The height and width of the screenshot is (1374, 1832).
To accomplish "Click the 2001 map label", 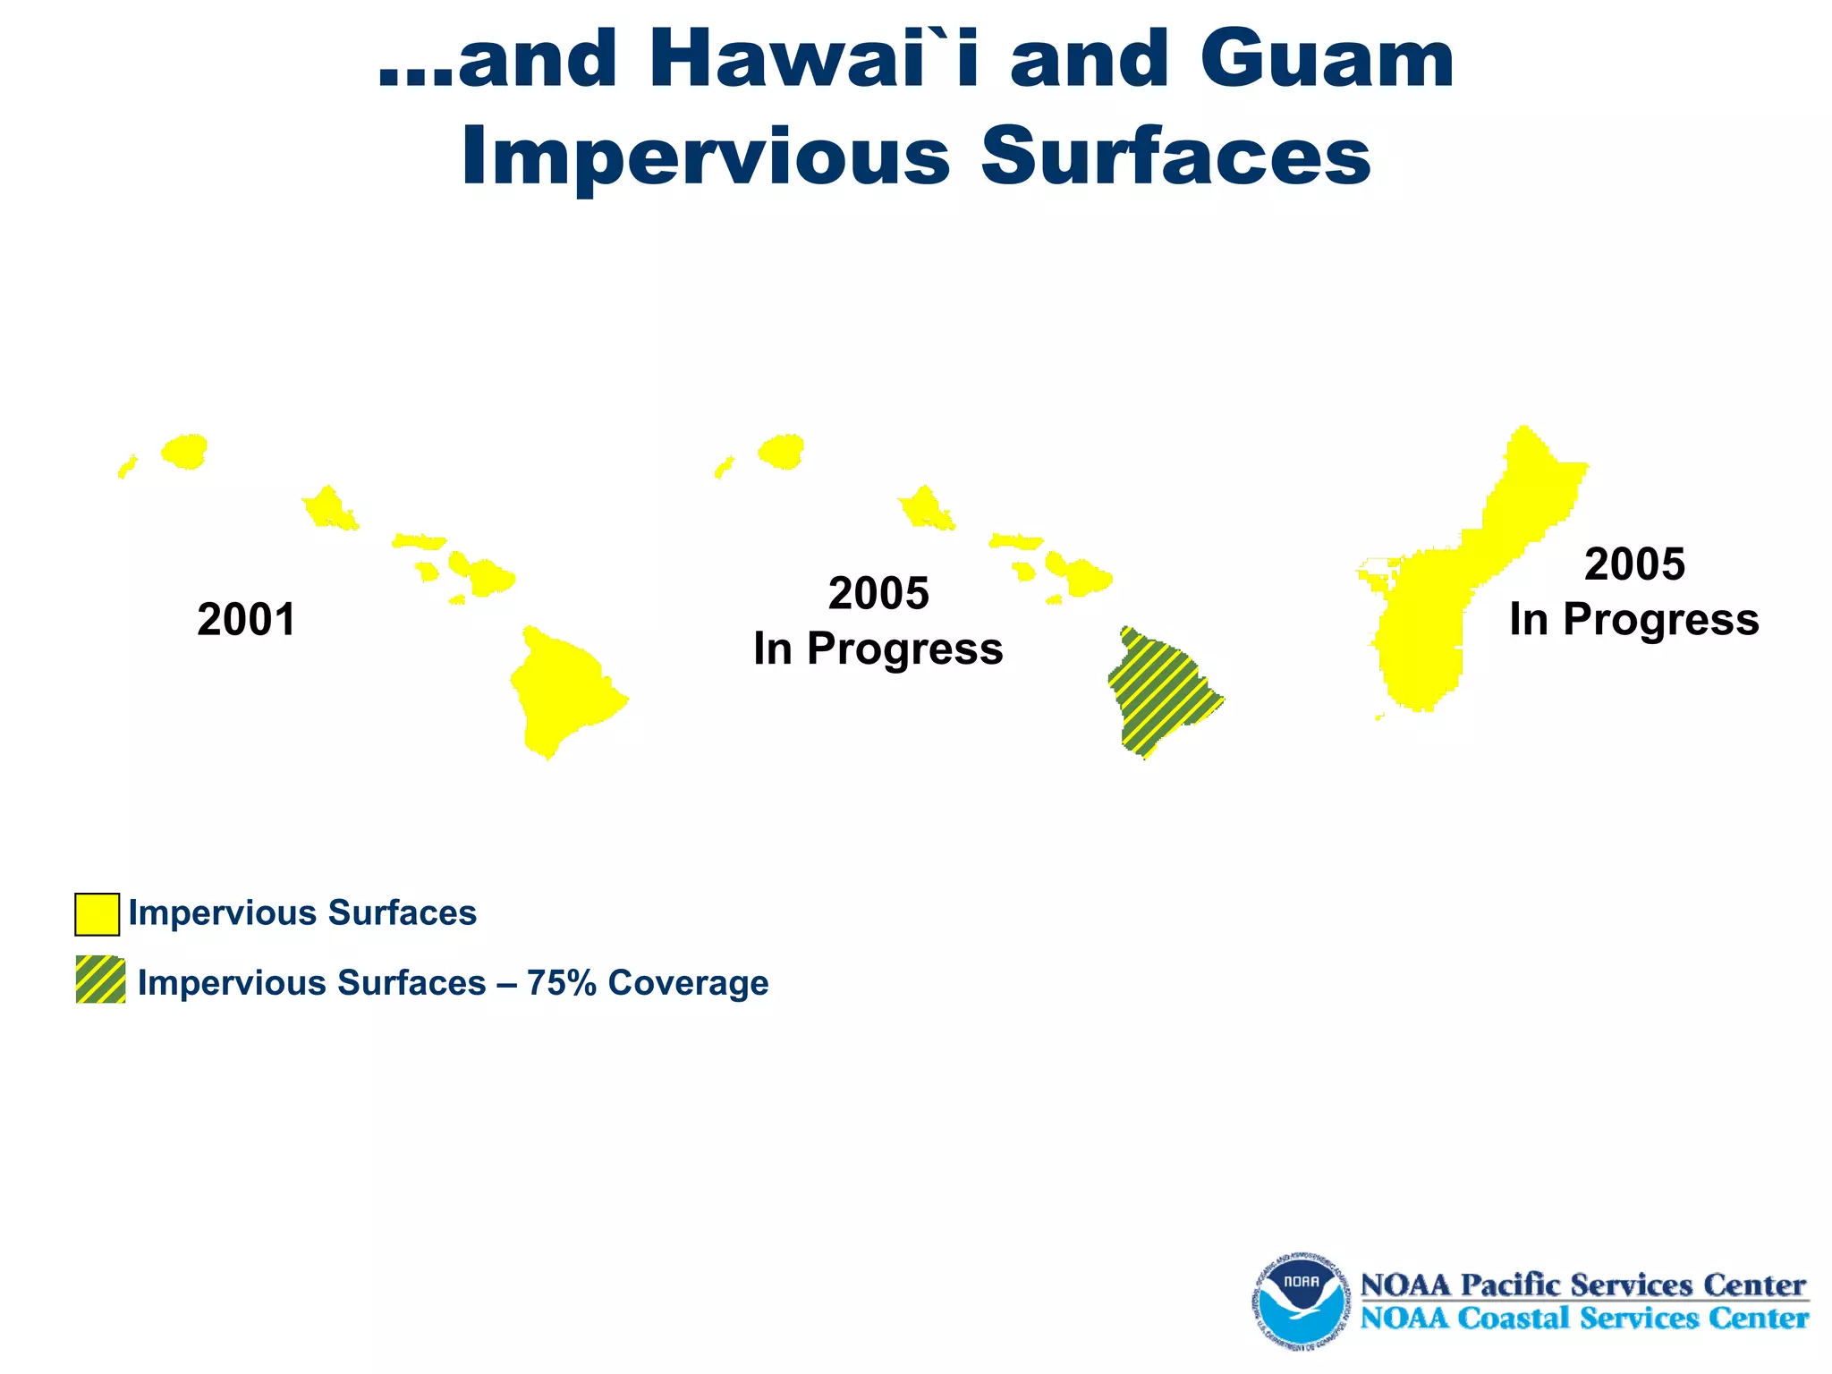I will (x=246, y=620).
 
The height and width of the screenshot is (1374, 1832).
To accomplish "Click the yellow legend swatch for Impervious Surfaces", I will (x=97, y=913).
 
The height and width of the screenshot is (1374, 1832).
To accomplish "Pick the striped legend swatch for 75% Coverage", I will (x=100, y=980).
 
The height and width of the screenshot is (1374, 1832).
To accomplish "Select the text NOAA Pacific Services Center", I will (x=1583, y=1285).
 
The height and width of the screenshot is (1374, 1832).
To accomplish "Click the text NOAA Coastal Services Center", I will (x=1583, y=1319).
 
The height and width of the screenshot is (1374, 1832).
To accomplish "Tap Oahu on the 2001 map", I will (x=328, y=508).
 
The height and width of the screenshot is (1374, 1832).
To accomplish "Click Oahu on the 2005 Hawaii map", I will (x=925, y=508).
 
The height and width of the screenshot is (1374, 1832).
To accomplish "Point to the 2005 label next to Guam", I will (x=1634, y=564).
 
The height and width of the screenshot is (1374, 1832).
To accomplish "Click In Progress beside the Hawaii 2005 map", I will (x=878, y=649).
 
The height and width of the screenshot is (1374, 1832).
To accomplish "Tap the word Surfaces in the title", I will (x=1175, y=157).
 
